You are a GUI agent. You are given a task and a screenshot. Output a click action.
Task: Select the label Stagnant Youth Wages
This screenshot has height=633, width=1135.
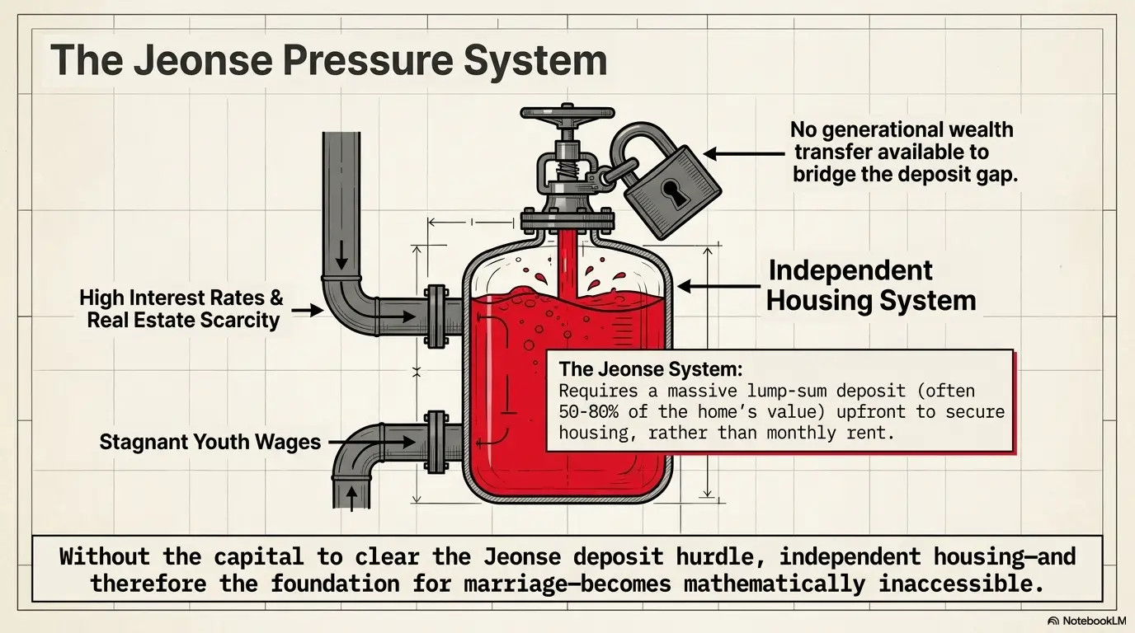(210, 442)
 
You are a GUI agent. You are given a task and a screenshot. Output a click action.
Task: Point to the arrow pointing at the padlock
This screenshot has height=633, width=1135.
(744, 154)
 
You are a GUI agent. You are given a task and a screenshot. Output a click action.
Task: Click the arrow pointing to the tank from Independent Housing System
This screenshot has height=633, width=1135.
(718, 286)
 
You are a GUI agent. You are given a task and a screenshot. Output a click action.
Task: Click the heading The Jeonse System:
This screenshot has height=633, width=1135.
(651, 368)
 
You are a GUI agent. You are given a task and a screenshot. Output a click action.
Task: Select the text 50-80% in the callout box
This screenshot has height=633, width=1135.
(588, 412)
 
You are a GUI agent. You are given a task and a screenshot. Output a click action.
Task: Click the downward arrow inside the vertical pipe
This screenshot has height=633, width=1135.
(341, 255)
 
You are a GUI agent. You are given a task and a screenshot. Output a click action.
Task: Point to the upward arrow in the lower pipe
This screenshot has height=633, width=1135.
(351, 499)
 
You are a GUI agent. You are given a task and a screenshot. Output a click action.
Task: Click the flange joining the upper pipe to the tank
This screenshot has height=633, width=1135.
(436, 316)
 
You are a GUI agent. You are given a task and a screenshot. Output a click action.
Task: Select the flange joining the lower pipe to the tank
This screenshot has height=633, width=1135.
(436, 442)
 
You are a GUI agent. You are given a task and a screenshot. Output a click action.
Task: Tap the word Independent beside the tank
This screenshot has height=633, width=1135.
(850, 270)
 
